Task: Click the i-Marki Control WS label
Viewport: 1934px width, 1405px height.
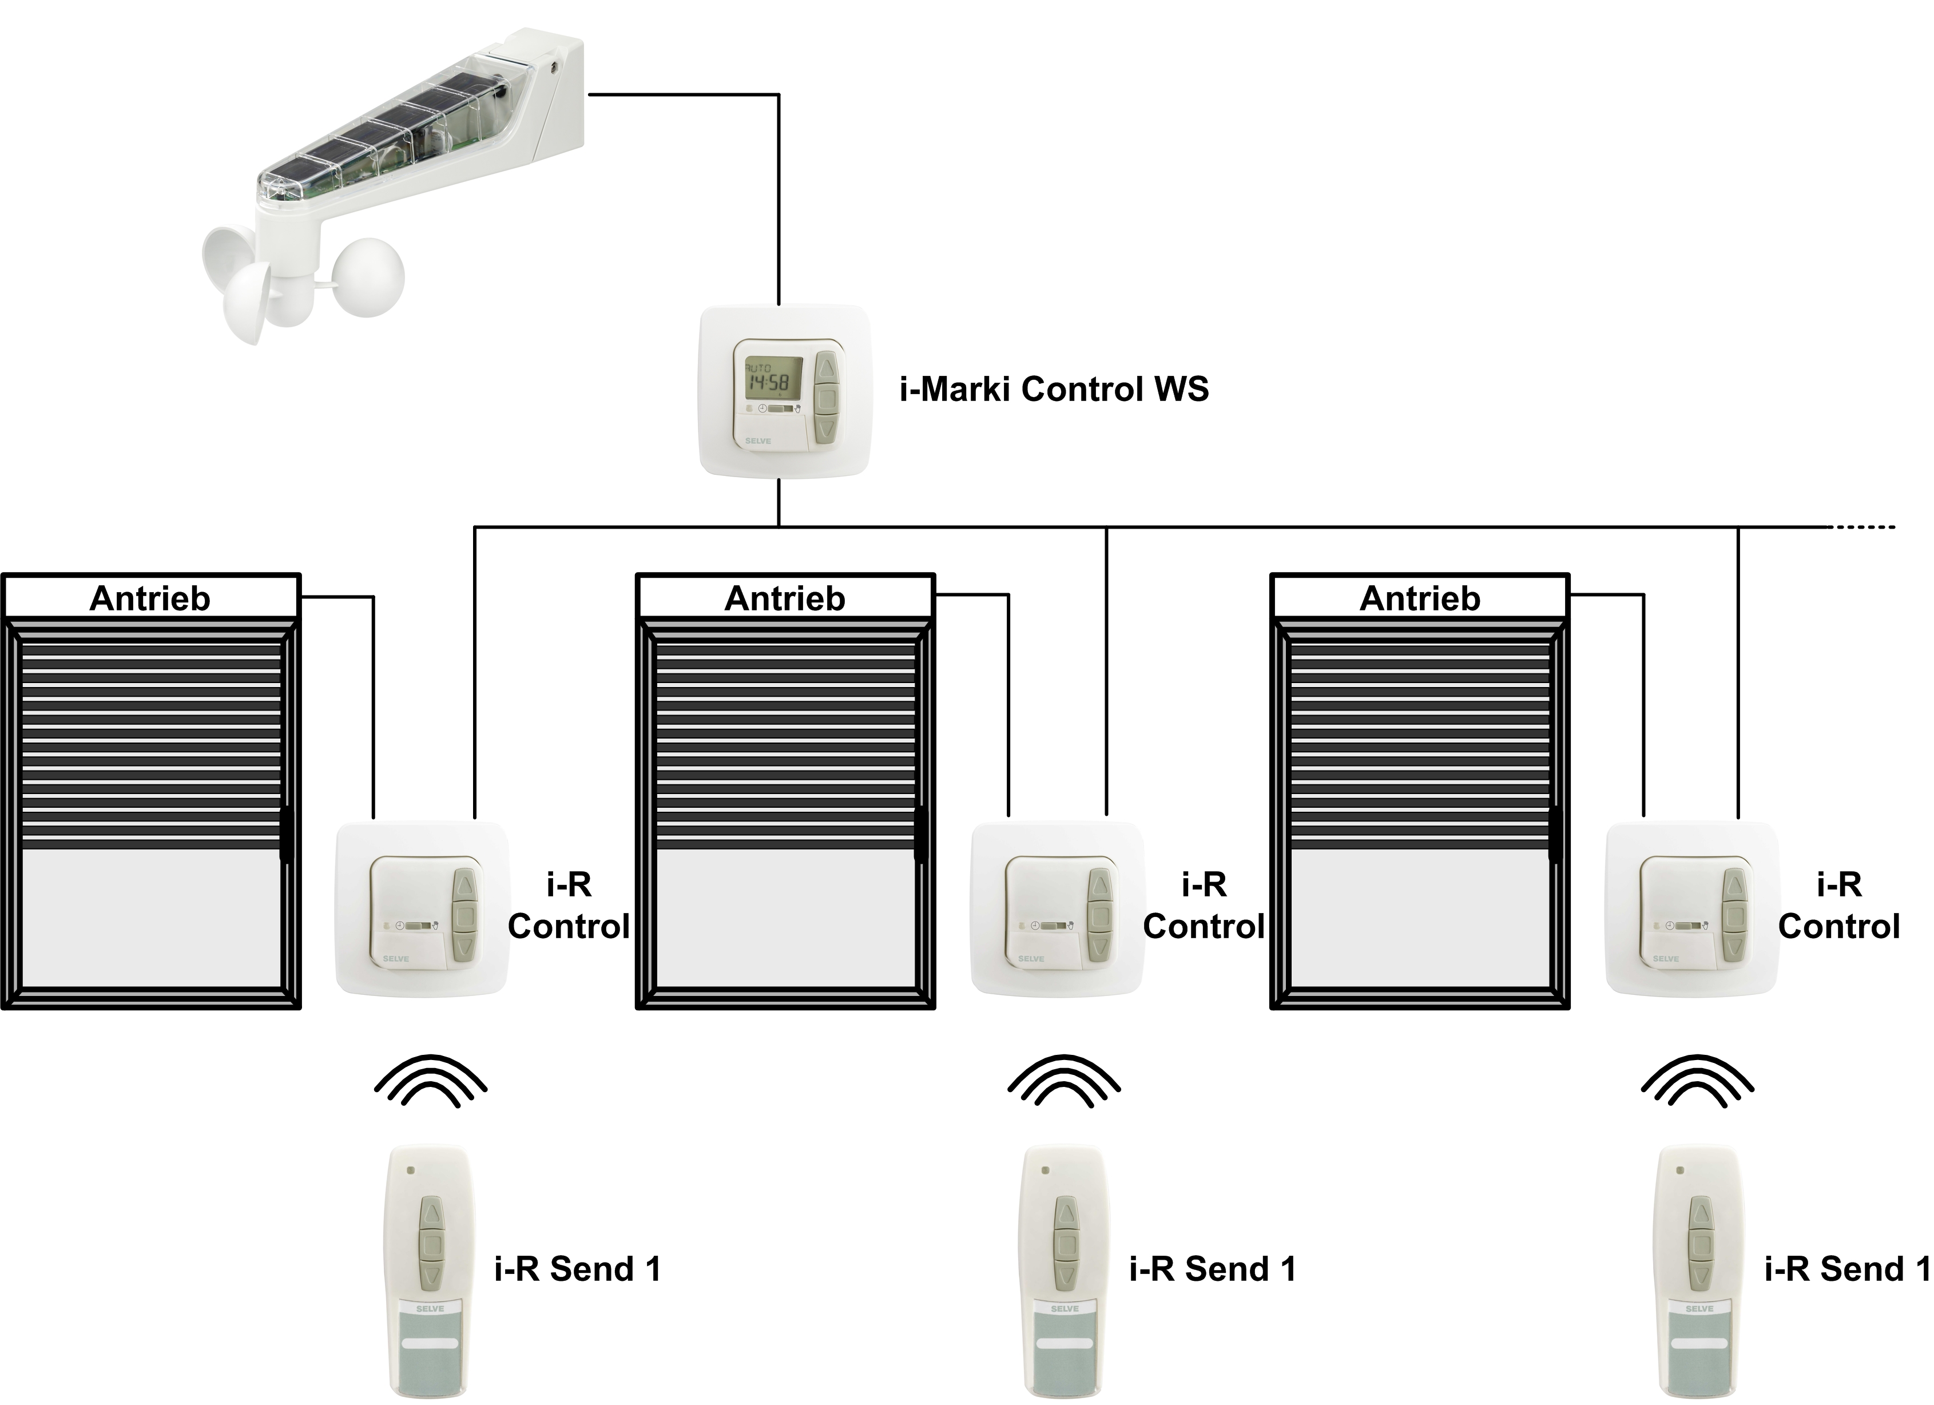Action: pyautogui.click(x=1054, y=390)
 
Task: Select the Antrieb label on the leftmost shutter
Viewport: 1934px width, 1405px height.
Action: pyautogui.click(x=150, y=598)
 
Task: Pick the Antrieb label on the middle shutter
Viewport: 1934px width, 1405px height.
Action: pyautogui.click(x=784, y=598)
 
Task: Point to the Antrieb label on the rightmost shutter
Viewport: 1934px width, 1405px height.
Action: pyautogui.click(x=1420, y=598)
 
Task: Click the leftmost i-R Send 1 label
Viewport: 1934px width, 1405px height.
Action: pyautogui.click(x=577, y=1269)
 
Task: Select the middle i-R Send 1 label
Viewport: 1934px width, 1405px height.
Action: pyautogui.click(x=1212, y=1269)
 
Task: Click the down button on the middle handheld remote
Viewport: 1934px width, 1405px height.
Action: pyautogui.click(x=1066, y=1276)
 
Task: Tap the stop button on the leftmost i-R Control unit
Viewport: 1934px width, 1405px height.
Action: pyautogui.click(x=466, y=916)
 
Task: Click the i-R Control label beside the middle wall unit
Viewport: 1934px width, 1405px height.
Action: pyautogui.click(x=1203, y=906)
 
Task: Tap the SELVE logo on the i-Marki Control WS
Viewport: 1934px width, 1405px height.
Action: pyautogui.click(x=757, y=440)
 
